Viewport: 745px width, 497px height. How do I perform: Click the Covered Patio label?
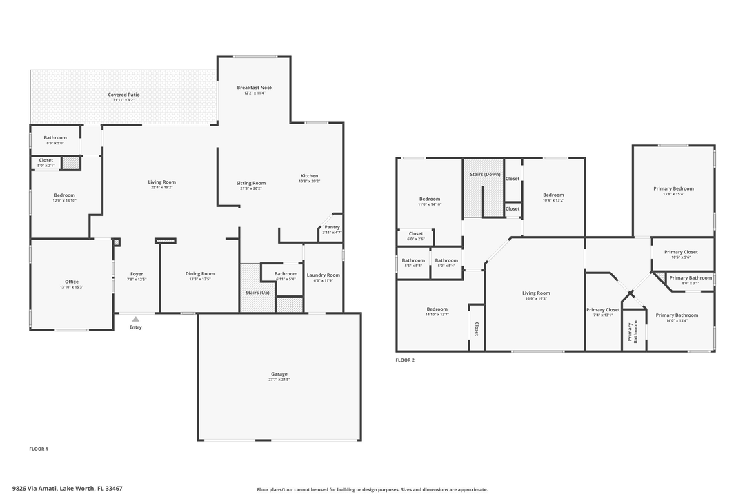[123, 95]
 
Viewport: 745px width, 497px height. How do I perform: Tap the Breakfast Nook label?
[255, 88]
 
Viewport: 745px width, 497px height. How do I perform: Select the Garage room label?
[279, 374]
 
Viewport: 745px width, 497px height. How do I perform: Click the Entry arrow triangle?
[136, 319]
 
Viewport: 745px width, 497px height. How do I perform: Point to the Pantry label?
[332, 227]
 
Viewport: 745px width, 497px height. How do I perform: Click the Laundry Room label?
[323, 275]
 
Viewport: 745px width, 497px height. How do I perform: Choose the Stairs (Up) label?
[257, 293]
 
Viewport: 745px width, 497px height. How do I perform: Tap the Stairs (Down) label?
[485, 174]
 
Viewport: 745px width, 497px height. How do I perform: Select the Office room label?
[72, 282]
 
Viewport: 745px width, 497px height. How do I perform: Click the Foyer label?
[137, 274]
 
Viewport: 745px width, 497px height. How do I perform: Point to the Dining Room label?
[199, 274]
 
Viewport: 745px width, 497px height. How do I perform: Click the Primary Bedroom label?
[673, 188]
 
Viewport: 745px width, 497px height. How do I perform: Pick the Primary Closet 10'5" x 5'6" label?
[681, 253]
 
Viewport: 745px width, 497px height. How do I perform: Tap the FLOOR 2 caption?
[405, 360]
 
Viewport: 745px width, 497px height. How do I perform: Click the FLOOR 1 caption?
[39, 449]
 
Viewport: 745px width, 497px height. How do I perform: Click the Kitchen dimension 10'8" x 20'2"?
[308, 181]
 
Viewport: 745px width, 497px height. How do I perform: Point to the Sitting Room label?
[251, 183]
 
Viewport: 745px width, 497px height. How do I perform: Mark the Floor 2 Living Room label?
[535, 293]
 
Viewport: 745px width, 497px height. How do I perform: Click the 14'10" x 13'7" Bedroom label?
[437, 309]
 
